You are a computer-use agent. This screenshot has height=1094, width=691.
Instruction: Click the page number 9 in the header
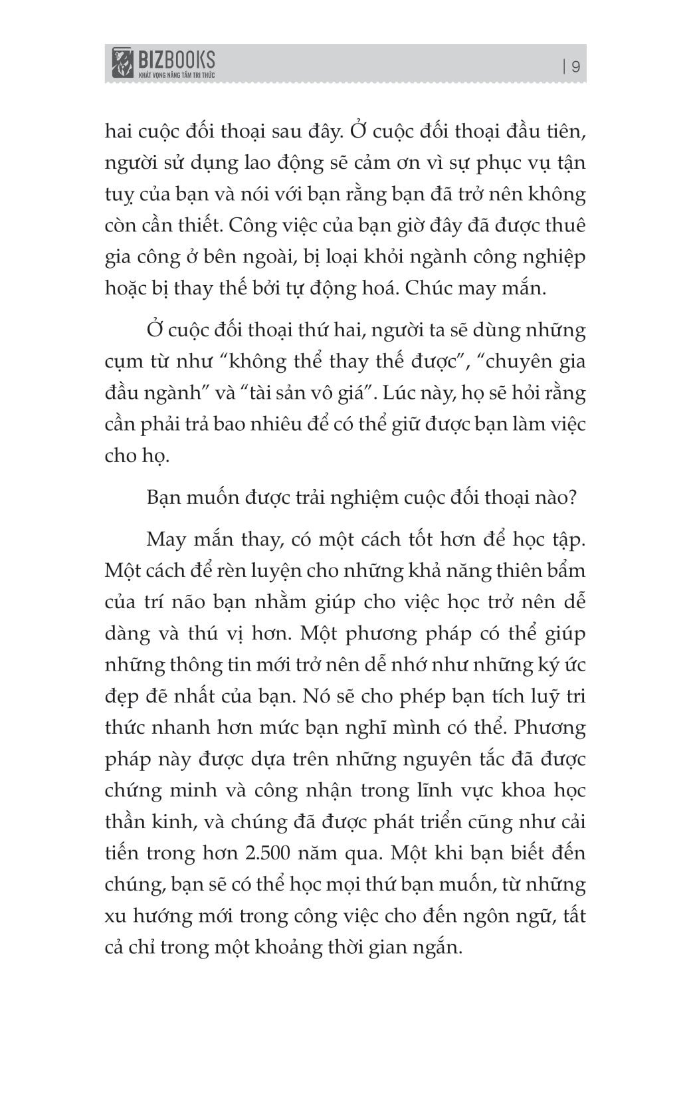click(x=575, y=66)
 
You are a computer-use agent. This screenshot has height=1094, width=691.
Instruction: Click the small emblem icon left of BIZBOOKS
click(x=121, y=64)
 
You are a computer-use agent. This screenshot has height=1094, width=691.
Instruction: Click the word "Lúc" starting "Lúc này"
click(x=416, y=393)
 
